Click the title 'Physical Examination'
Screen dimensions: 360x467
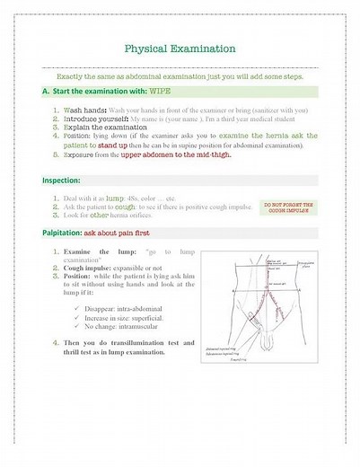tap(180, 48)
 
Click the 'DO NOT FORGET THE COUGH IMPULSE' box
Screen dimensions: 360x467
tap(287, 207)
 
